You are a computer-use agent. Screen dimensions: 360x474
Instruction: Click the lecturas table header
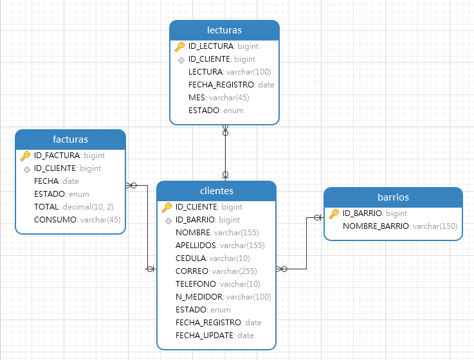pos(224,30)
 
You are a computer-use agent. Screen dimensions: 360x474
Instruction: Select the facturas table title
pos(70,139)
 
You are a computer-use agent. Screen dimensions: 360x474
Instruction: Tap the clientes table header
pos(217,191)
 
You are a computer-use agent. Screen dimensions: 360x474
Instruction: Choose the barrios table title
pos(393,197)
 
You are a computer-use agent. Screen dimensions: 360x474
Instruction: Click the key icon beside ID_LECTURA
pos(180,46)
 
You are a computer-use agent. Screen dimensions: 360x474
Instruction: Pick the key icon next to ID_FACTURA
pos(26,156)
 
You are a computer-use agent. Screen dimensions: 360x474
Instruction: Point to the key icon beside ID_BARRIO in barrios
pos(334,213)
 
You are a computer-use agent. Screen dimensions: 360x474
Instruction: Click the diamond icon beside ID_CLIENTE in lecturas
pos(181,60)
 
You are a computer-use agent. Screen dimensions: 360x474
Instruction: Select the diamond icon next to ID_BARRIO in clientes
pos(168,221)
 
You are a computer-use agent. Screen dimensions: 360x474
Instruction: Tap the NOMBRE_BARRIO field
pos(399,226)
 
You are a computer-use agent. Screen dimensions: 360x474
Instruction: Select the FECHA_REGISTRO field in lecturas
pos(231,85)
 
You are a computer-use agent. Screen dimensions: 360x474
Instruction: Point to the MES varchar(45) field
pos(218,98)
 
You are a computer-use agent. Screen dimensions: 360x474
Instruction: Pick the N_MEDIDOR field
pos(223,297)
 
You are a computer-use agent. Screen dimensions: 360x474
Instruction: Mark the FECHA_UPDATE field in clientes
pos(214,336)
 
